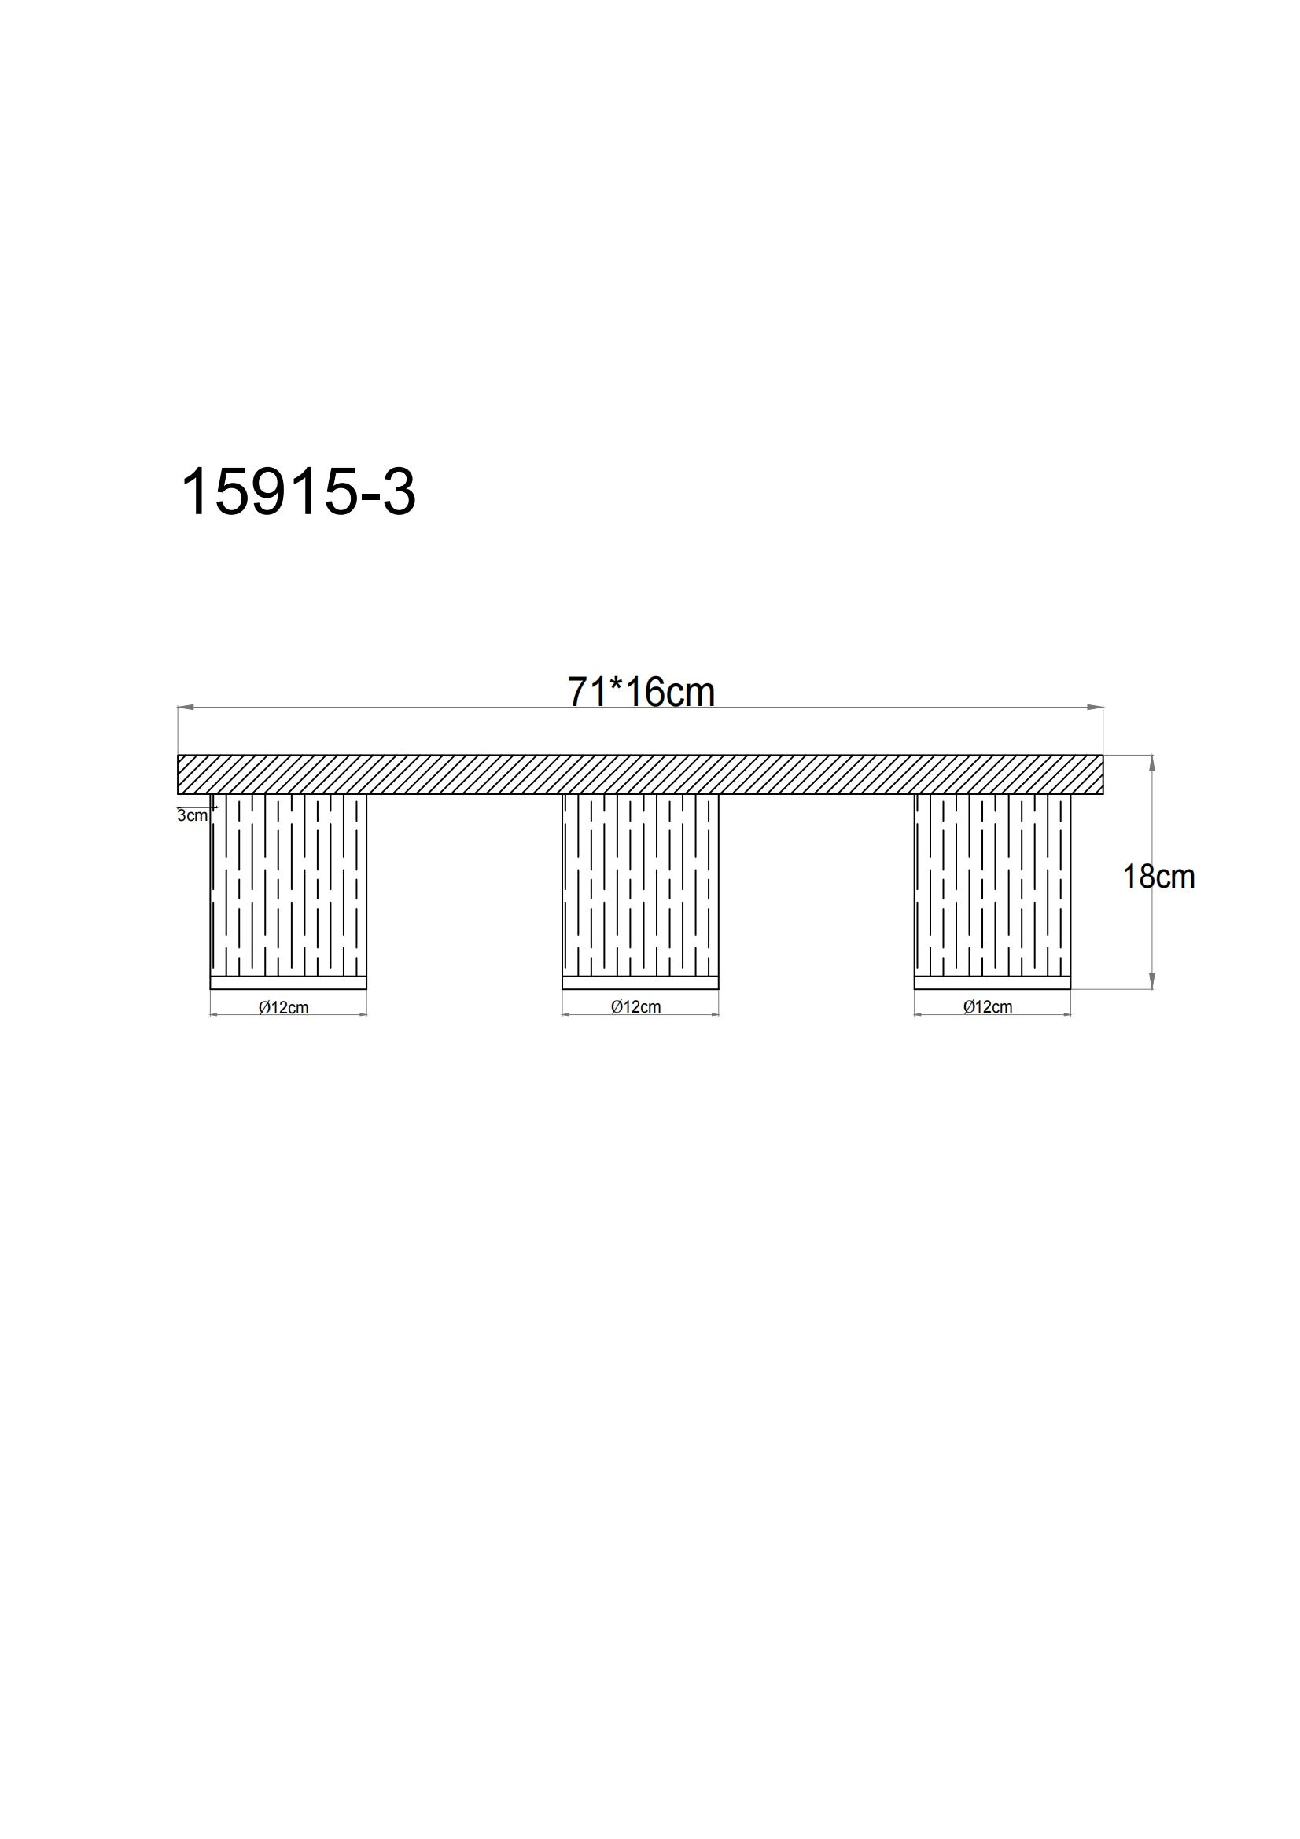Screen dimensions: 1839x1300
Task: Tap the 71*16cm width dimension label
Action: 641,692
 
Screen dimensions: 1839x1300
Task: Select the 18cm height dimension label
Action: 1158,877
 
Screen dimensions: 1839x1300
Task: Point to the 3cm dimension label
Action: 192,816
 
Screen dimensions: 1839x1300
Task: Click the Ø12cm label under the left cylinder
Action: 284,1008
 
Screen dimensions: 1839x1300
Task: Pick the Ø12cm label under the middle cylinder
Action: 636,1007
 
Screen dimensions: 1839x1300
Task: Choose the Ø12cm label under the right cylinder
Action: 988,1007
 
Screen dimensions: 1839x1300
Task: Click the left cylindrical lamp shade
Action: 288,885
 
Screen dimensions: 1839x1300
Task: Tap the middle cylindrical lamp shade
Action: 640,885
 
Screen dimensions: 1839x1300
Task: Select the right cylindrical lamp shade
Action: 992,885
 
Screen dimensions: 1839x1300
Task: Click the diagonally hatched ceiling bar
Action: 640,774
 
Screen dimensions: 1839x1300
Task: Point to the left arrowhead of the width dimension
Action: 185,708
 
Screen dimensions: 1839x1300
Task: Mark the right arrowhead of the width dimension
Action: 1095,708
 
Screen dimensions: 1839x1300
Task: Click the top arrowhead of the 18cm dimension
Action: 1152,763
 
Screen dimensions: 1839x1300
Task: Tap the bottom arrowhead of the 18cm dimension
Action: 1152,981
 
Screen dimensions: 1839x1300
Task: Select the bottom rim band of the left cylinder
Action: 288,983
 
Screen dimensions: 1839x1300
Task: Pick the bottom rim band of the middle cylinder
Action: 640,983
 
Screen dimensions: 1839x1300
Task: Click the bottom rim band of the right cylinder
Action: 992,983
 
